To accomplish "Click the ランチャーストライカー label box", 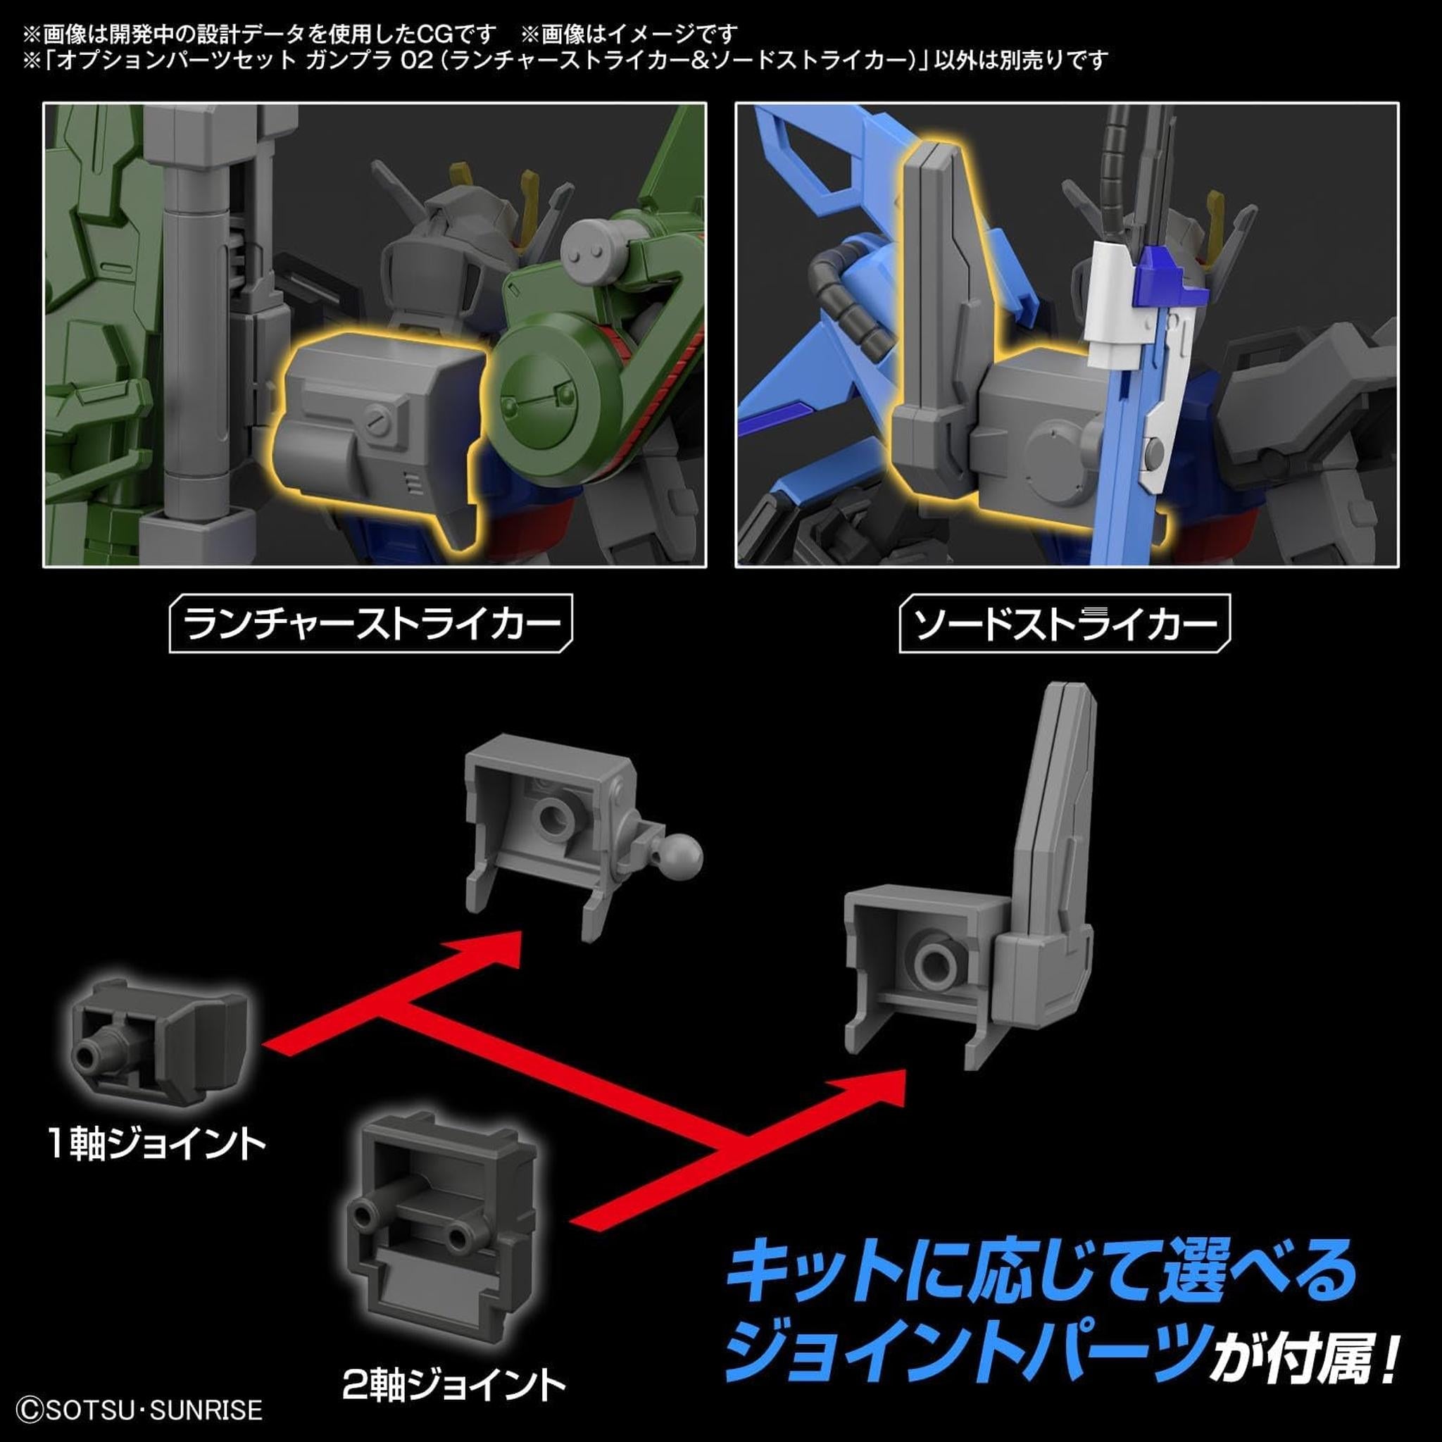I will pyautogui.click(x=371, y=623).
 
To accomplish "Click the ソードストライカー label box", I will pyautogui.click(x=1064, y=623).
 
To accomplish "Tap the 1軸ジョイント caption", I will pyautogui.click(x=157, y=1144).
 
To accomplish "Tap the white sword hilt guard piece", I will pyautogui.click(x=1110, y=306).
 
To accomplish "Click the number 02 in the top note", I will pyautogui.click(x=417, y=60).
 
